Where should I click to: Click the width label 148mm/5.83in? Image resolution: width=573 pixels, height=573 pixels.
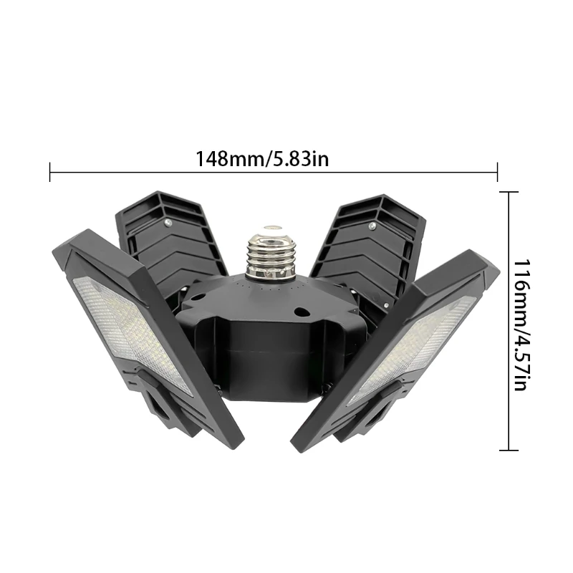pyautogui.click(x=262, y=158)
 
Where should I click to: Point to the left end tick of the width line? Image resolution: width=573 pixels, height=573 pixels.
pyautogui.click(x=50, y=172)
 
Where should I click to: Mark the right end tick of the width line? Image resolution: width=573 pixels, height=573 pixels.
pyautogui.click(x=497, y=172)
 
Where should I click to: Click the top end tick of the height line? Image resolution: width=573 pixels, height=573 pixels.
pyautogui.click(x=509, y=192)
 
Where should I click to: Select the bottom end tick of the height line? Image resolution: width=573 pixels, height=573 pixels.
pyautogui.click(x=509, y=450)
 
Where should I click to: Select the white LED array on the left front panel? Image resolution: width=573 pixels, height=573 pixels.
pyautogui.click(x=133, y=329)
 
